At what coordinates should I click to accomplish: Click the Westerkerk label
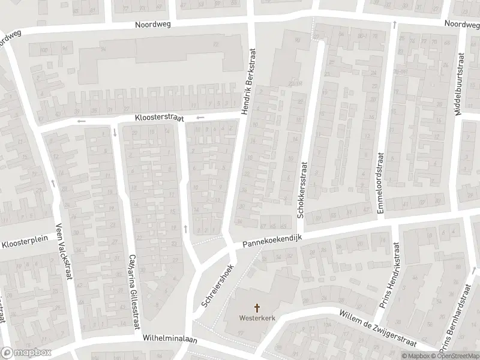point(258,318)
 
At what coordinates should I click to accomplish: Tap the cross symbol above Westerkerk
point(258,308)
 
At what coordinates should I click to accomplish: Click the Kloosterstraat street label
point(158,119)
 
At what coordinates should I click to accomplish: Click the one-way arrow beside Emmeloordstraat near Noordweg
point(394,25)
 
